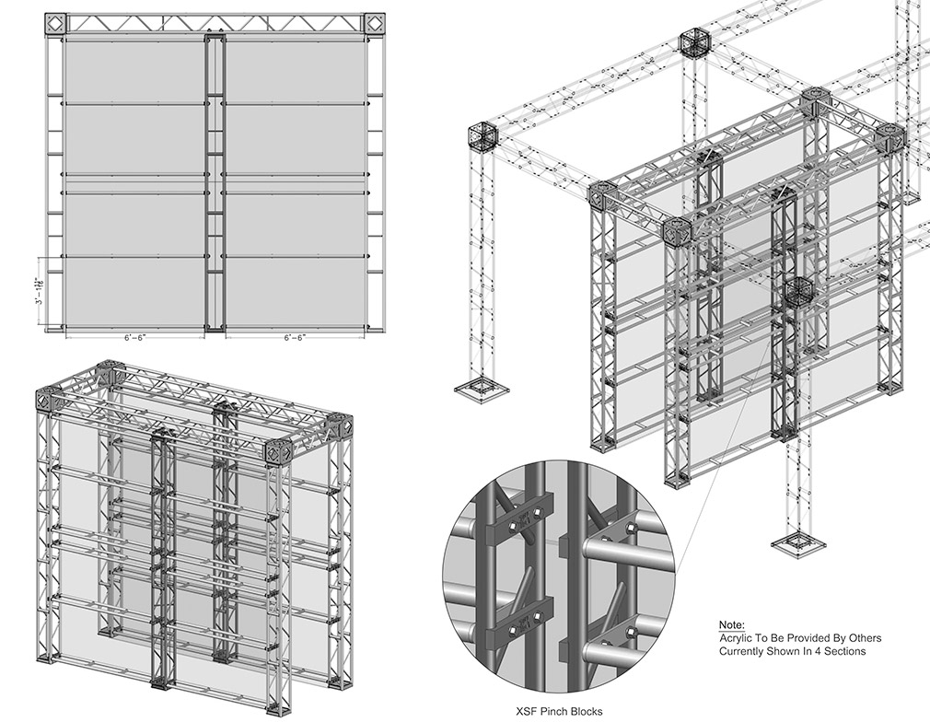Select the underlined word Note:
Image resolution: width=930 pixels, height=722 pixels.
[732, 624]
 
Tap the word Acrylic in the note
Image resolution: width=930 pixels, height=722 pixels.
[739, 638]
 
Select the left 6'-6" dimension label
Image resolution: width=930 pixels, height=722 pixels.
[134, 338]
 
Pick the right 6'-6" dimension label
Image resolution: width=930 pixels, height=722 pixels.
[296, 338]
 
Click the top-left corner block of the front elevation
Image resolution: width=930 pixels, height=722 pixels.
[54, 23]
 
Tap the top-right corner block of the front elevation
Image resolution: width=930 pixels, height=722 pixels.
[374, 23]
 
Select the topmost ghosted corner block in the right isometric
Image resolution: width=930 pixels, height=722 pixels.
[694, 43]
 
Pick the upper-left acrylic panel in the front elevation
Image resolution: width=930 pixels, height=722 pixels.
[134, 72]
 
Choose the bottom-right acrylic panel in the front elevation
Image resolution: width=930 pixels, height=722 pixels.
[296, 291]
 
